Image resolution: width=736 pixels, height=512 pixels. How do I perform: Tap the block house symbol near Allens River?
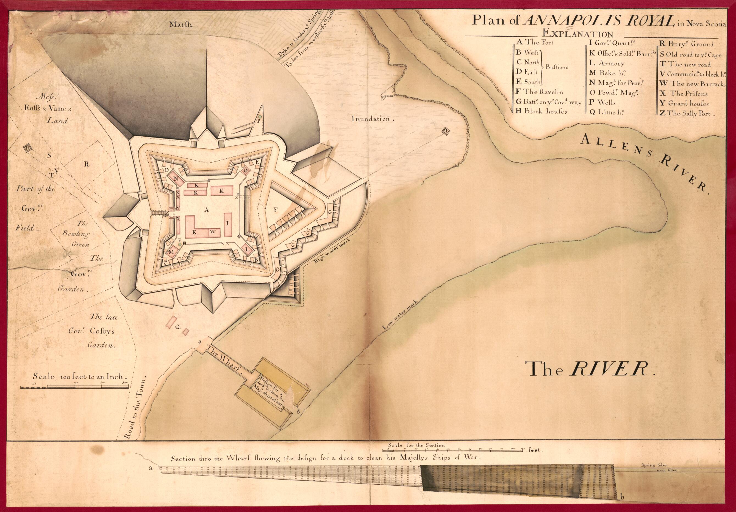pyautogui.click(x=446, y=131)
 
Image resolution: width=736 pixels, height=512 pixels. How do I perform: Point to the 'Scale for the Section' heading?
pyautogui.click(x=416, y=445)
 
